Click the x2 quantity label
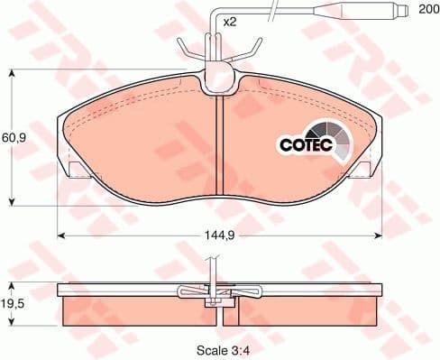pos(229,21)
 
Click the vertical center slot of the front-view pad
pos(221,144)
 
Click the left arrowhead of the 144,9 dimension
pos(61,237)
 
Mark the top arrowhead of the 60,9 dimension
pos(10,73)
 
